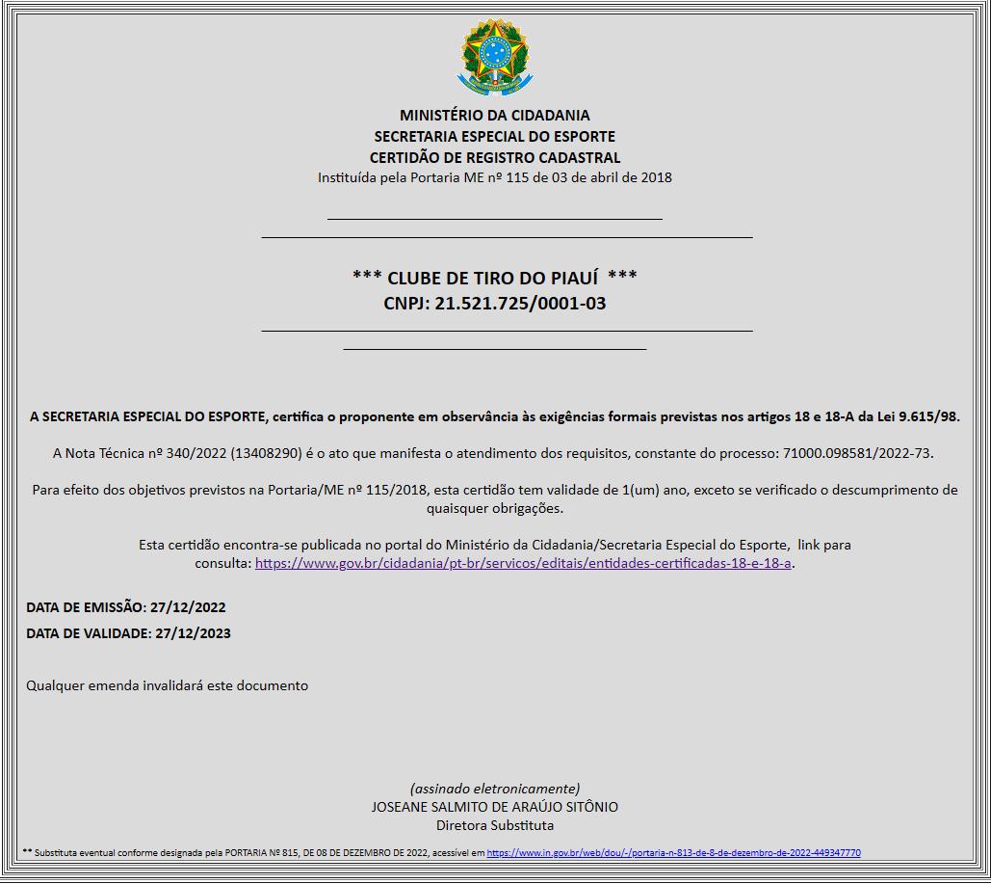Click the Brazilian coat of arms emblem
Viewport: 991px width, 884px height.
(x=494, y=57)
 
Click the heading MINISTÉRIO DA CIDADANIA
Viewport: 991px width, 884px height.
(x=494, y=116)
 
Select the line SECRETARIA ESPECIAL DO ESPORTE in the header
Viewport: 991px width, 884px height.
(x=494, y=137)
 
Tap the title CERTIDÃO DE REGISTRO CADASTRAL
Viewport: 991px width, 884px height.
(x=494, y=158)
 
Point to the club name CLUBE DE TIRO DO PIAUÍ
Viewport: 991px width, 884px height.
(x=494, y=278)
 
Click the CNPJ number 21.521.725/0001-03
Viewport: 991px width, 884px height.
(x=520, y=304)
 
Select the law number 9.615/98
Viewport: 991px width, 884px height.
(x=928, y=416)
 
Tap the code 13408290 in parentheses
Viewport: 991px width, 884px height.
(x=267, y=452)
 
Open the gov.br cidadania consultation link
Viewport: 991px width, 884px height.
(x=523, y=563)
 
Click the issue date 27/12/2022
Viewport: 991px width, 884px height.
(x=188, y=607)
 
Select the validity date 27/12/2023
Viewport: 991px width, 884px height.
(x=193, y=633)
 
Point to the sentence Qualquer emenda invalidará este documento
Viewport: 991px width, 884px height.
(x=167, y=685)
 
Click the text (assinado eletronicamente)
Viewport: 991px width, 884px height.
(x=494, y=788)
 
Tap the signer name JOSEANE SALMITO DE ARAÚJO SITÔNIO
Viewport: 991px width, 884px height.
(x=494, y=807)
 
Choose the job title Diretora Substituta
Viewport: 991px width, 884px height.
(x=494, y=825)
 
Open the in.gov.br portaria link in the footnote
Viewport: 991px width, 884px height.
(x=673, y=853)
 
